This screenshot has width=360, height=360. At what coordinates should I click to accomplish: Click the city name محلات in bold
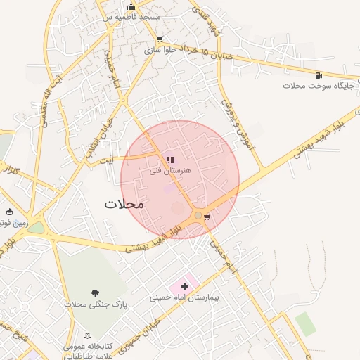(124, 204)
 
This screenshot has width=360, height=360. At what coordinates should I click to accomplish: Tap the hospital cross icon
(185, 286)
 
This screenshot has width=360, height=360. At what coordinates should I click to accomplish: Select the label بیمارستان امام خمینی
(185, 297)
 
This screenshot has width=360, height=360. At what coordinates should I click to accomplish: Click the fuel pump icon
(319, 75)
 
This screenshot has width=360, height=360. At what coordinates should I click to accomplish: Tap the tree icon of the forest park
(94, 292)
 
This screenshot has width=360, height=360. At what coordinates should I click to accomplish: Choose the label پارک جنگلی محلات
(94, 304)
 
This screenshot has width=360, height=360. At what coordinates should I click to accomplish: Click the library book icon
(88, 336)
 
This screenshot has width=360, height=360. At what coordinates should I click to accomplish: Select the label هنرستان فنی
(169, 170)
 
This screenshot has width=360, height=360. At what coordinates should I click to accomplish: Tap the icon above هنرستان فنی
(169, 159)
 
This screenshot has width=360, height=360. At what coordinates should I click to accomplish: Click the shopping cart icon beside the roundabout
(206, 217)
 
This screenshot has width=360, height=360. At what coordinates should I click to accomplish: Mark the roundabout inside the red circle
(198, 215)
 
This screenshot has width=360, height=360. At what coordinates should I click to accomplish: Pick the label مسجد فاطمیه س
(132, 16)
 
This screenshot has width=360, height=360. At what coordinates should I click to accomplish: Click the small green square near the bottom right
(305, 324)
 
